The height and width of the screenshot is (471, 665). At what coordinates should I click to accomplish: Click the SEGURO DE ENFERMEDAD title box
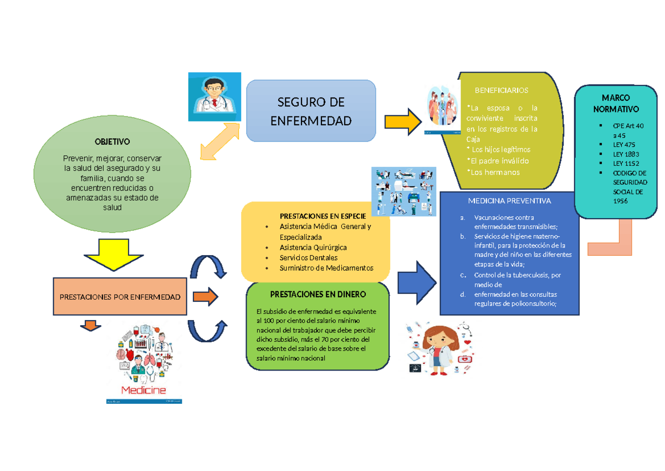311,110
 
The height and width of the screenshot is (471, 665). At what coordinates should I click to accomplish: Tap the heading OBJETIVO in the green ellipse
111,142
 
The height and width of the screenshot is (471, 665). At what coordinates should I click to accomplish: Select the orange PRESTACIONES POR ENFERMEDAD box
120,297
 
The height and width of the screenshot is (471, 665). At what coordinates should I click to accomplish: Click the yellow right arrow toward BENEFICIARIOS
403,121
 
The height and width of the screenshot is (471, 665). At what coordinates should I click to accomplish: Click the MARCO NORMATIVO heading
616,103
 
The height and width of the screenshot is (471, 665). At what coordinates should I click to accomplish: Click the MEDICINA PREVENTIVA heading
509,201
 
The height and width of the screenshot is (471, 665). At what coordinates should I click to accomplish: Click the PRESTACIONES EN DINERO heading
318,294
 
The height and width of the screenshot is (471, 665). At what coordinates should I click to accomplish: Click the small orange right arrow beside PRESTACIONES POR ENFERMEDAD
205,297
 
